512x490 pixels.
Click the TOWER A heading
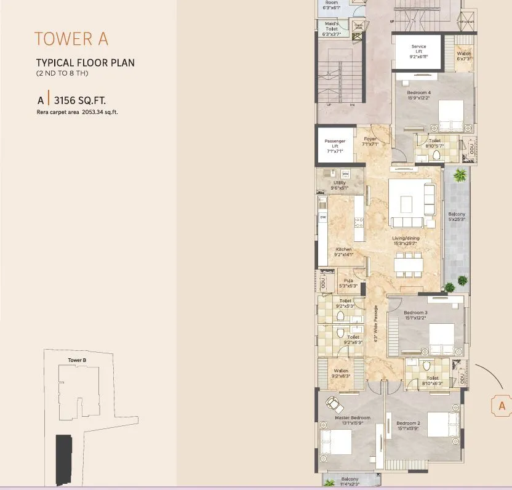coord(71,39)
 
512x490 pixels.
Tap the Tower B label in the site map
coord(76,359)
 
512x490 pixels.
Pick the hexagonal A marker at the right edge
coord(502,406)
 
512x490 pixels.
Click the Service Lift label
coord(418,51)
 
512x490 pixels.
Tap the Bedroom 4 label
coord(418,95)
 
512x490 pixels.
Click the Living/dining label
coord(406,239)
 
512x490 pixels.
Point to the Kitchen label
coord(343,251)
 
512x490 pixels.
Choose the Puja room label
coord(348,283)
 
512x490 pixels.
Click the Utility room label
coord(339,185)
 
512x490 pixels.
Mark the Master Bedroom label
coord(353,420)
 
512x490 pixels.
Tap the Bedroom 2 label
coord(408,425)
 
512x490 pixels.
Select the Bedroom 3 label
coord(416,315)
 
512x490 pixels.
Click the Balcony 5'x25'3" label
coord(457,216)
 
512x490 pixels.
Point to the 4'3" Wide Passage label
coord(375,332)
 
